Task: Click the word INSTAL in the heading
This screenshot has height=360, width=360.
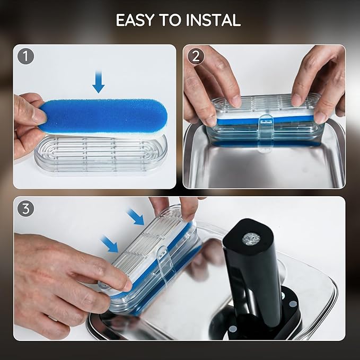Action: point(213,20)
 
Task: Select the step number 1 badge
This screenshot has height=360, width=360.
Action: point(25,56)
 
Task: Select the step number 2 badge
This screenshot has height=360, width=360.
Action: point(196,56)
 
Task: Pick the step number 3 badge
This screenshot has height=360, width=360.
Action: point(25,209)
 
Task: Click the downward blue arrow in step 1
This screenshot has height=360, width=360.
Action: point(99,82)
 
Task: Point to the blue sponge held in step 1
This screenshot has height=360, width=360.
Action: point(103,117)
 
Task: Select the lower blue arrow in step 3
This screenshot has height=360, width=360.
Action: point(110,244)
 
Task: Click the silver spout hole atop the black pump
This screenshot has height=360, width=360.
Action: point(251,239)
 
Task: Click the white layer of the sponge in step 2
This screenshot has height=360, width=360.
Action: point(264,115)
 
